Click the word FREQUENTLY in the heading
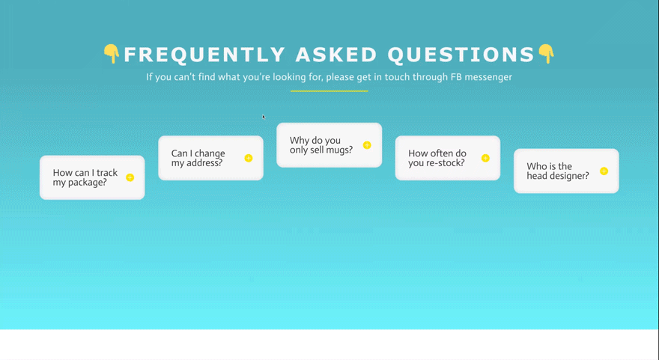point(204,55)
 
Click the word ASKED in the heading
point(336,55)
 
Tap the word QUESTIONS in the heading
point(461,55)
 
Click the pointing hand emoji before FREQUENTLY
point(112,54)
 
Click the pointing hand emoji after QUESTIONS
point(547,54)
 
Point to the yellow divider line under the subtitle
point(329,91)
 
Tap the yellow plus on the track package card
point(130,177)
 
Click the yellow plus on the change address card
point(249,158)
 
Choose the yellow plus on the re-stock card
point(485,158)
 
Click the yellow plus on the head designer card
point(604,171)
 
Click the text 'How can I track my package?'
point(85,177)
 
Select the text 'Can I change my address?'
point(198,158)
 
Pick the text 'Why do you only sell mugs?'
point(321,145)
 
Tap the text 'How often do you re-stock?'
point(437,158)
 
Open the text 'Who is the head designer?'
point(558,171)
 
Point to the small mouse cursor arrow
point(264,117)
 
